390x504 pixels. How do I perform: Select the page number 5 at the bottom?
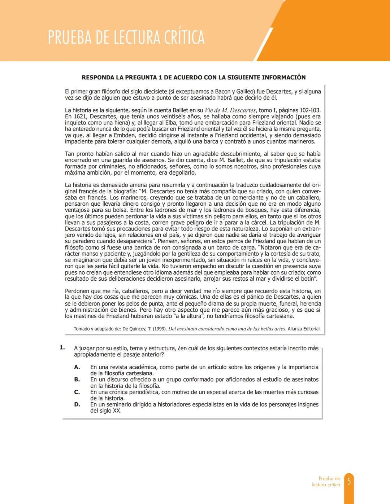point(349,481)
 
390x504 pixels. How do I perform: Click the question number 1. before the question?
point(62,347)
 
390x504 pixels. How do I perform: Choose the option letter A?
point(77,367)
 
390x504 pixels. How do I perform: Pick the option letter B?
point(77,380)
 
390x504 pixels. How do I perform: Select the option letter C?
point(77,392)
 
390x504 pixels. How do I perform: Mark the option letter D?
point(77,404)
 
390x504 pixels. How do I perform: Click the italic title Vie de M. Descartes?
point(230,110)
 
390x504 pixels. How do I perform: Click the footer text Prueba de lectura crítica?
point(326,482)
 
